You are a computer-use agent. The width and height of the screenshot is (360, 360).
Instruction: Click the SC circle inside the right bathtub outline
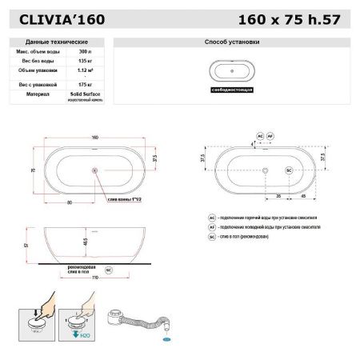click(289, 170)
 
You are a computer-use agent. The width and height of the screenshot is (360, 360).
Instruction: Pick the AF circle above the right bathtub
click(271, 138)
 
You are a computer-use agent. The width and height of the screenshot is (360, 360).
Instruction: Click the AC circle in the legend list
click(212, 217)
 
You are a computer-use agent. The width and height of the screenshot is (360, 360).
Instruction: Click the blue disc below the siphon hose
click(167, 339)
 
